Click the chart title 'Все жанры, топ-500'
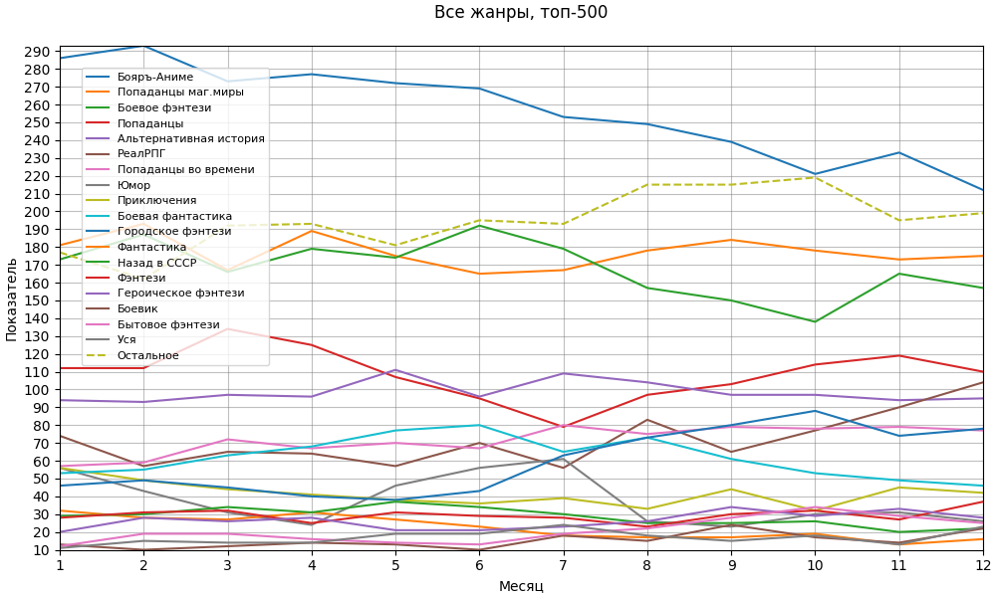pos(521,13)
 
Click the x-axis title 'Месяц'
pos(521,586)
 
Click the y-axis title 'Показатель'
pos(12,298)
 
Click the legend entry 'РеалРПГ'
pos(141,154)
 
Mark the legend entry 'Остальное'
pos(147,355)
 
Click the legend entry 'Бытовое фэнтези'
pos(168,324)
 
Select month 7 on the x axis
pos(564,565)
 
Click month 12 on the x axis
pos(982,565)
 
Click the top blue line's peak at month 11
pos(899,152)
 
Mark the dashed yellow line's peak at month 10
pos(815,177)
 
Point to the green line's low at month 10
pos(815,321)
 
